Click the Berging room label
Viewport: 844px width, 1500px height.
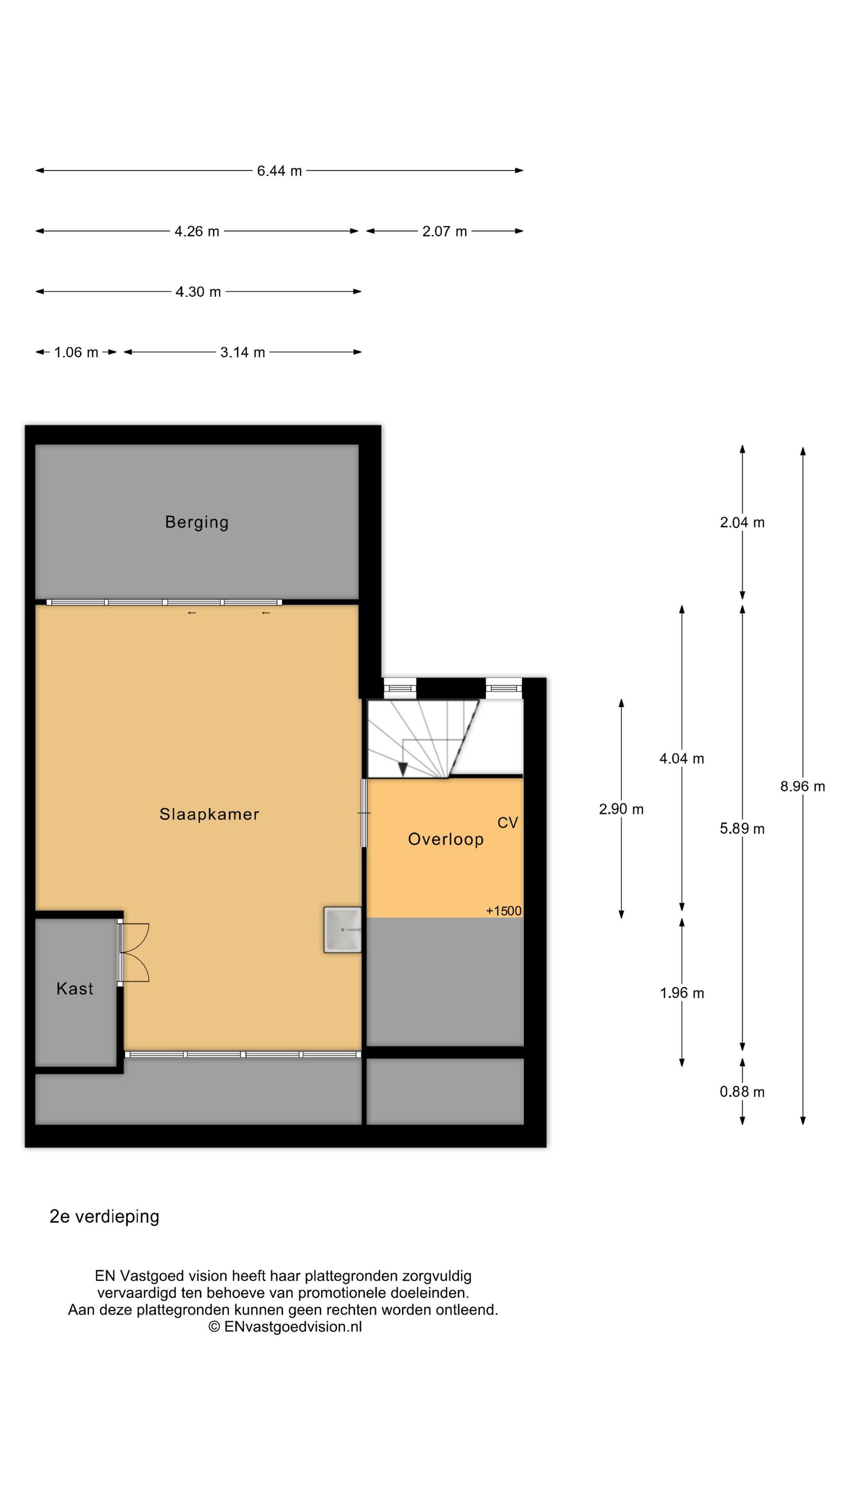click(x=197, y=522)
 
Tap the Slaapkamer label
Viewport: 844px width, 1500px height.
click(x=209, y=814)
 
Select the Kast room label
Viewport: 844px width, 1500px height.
click(x=75, y=988)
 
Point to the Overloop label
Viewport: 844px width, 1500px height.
click(x=445, y=839)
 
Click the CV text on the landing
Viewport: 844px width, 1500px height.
click(x=507, y=822)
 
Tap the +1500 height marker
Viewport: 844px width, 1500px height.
click(x=504, y=911)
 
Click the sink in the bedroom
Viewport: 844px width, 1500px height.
click(x=342, y=929)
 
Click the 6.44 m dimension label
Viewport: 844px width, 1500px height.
click(x=280, y=171)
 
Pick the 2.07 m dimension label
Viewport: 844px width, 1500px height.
click(x=444, y=231)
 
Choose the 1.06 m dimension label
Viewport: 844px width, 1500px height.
click(x=76, y=352)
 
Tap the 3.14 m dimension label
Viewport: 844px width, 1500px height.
click(x=242, y=352)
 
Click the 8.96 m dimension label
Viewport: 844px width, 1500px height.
click(x=803, y=786)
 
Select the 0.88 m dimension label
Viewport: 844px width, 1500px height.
click(x=742, y=1092)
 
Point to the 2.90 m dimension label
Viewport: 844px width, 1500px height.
click(x=621, y=809)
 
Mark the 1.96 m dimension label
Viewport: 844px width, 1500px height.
click(x=681, y=993)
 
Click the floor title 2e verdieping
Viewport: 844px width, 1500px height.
click(x=104, y=1217)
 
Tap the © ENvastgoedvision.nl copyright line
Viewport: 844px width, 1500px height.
click(x=286, y=1327)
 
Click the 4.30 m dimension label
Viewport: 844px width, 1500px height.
click(x=198, y=292)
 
